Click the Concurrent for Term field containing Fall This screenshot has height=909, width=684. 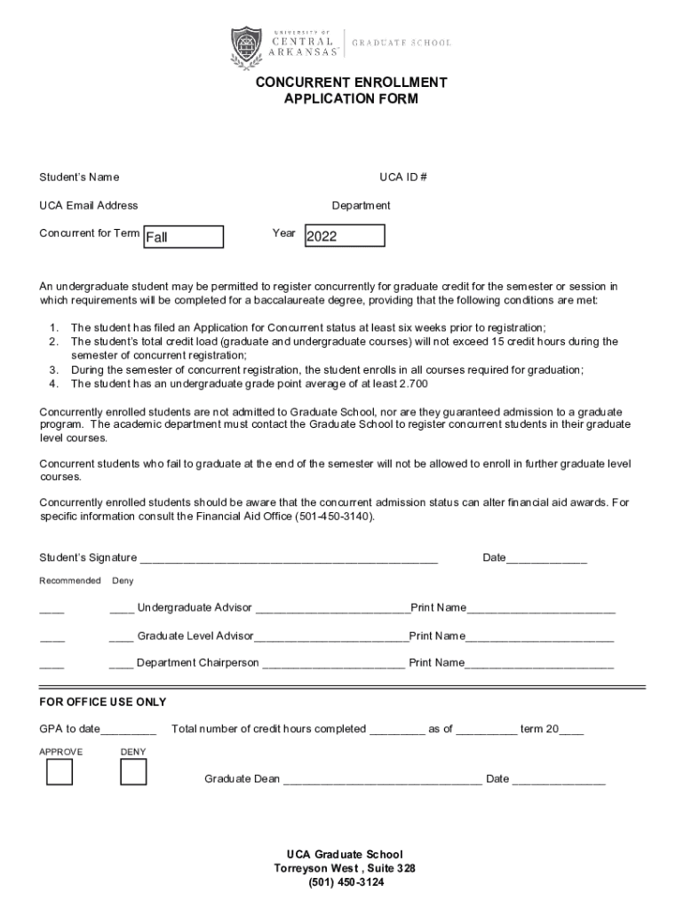point(184,237)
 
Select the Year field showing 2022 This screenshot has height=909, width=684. point(345,235)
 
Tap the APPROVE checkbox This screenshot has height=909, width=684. point(60,773)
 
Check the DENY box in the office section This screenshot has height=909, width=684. point(133,773)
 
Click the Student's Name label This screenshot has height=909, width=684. point(79,178)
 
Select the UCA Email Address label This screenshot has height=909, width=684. point(89,205)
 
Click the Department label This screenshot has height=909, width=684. point(362,205)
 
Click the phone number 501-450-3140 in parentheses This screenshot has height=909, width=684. point(334,516)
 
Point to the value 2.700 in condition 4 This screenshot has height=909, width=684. point(416,383)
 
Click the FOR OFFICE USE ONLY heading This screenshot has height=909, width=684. point(103,702)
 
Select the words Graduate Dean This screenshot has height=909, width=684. point(242,779)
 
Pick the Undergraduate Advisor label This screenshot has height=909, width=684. point(195,608)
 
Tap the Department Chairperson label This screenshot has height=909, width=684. point(198,663)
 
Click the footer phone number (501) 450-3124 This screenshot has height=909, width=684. point(346,883)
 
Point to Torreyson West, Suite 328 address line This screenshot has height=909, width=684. point(345,868)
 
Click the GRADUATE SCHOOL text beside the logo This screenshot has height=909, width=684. point(402,43)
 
